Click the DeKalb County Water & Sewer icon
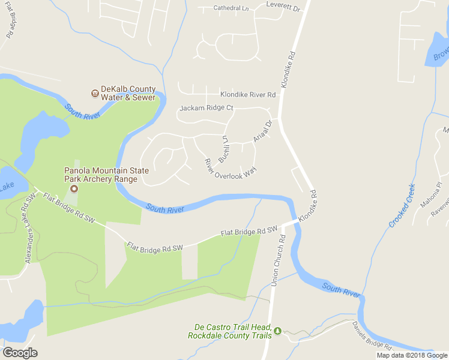[95, 93]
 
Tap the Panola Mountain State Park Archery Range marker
[74, 190]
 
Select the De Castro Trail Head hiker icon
[277, 331]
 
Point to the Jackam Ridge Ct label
[206, 108]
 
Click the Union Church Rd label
[277, 257]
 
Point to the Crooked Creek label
[402, 206]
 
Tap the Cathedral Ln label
[231, 8]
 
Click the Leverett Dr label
[283, 7]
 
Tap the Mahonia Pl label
[430, 194]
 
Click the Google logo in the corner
[20, 353]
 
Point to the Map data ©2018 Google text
[412, 355]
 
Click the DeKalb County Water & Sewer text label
[128, 93]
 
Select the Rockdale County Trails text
[229, 335]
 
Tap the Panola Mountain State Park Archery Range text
[106, 175]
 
